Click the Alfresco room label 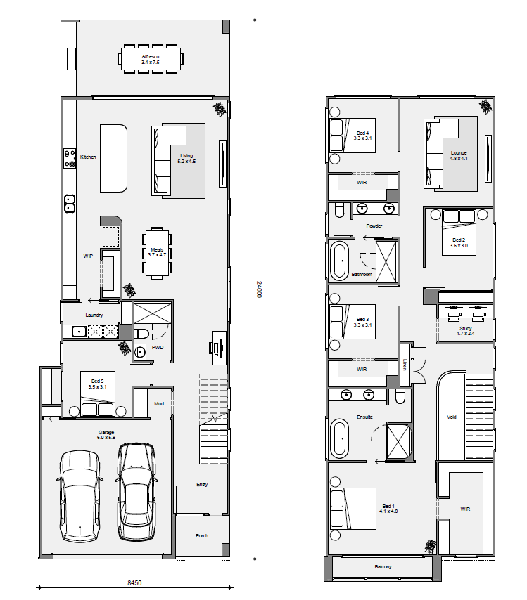coord(151,57)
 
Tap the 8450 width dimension coord(134,582)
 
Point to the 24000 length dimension coord(259,289)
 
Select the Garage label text coord(106,432)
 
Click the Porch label coord(202,535)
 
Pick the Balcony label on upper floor coord(383,567)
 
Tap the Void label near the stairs coord(452,417)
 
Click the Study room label coord(466,328)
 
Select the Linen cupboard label coord(405,364)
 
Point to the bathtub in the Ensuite coord(339,438)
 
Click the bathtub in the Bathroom coord(339,261)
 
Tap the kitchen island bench coord(113,158)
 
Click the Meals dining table coord(157,252)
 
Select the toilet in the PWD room coord(141,334)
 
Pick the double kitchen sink coord(70,204)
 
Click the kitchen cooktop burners coord(70,159)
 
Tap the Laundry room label coord(94,315)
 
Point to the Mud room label coord(159,403)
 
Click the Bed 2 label coord(459,240)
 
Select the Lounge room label coord(459,152)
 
